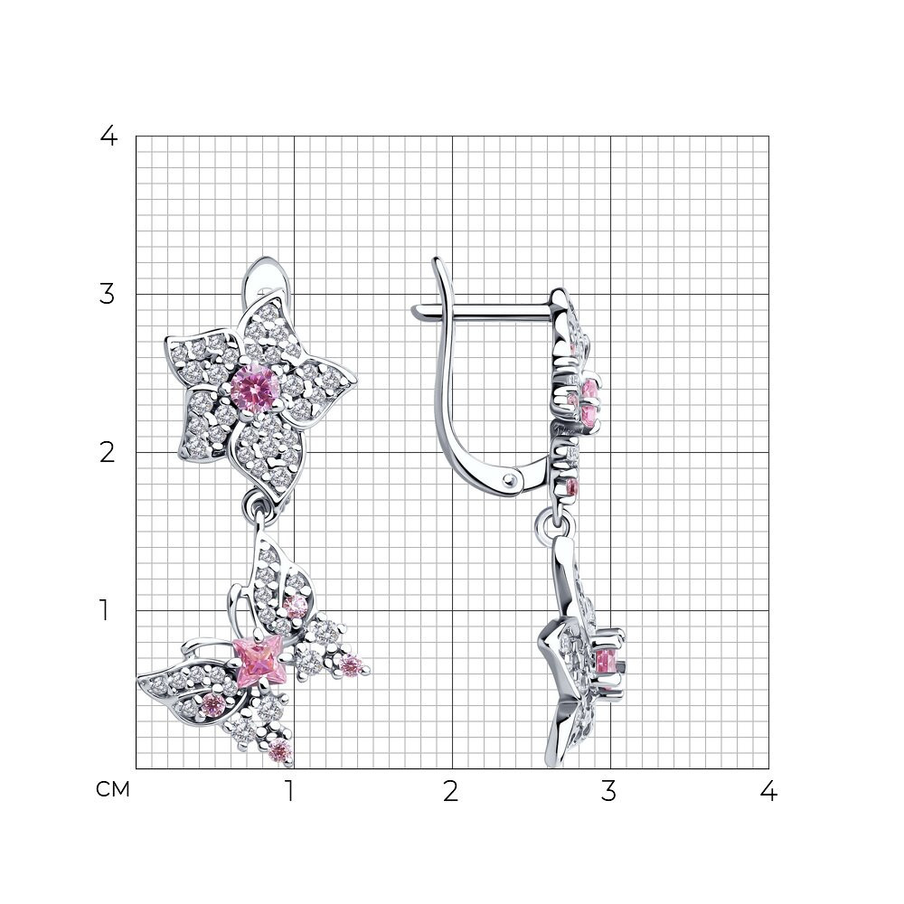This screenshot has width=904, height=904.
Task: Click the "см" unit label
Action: [113, 789]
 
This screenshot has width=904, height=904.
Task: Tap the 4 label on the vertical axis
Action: [108, 137]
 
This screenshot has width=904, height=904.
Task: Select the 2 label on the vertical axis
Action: [108, 453]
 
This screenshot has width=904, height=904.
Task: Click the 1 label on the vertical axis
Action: [104, 610]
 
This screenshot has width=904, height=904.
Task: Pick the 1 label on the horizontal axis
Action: [290, 791]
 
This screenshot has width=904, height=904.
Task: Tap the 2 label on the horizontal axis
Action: [451, 791]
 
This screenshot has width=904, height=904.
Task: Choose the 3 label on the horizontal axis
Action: [608, 791]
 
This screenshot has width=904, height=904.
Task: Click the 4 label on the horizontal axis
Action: [767, 791]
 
